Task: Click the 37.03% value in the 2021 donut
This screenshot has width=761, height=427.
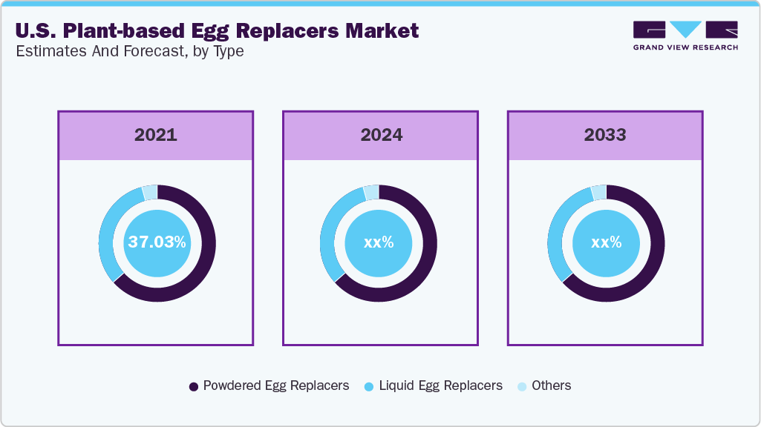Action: (157, 242)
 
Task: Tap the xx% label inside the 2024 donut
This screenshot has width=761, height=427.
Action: (378, 242)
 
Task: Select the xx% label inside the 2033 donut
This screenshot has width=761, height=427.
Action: (606, 242)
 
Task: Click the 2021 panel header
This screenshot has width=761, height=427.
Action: (156, 135)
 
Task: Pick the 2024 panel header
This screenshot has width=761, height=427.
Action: (381, 135)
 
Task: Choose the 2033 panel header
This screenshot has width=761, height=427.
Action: (605, 135)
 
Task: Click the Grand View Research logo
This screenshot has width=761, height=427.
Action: (685, 36)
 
